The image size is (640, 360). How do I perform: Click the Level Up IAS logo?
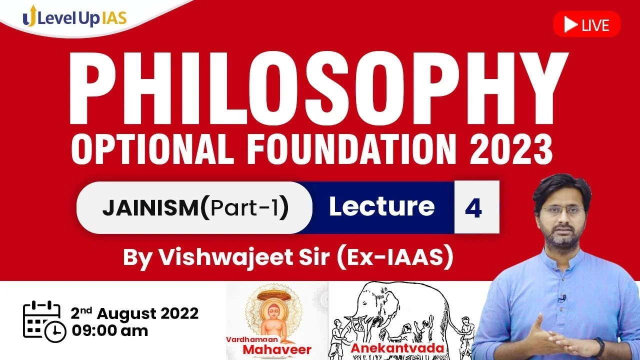click(x=74, y=17)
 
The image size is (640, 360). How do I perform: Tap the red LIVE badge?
click(x=587, y=24)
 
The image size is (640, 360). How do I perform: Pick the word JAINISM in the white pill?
click(x=150, y=207)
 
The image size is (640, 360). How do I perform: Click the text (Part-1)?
click(x=244, y=207)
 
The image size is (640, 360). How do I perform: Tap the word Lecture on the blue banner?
click(x=381, y=206)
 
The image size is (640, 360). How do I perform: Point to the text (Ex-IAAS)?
click(x=394, y=257)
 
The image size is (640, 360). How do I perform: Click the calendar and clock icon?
click(x=44, y=321)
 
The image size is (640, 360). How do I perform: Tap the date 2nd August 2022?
click(x=134, y=313)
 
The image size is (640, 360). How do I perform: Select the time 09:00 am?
click(x=109, y=331)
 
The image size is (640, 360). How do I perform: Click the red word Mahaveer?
click(x=277, y=349)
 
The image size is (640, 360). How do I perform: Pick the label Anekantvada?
click(x=397, y=348)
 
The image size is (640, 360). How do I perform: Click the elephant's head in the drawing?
click(x=374, y=303)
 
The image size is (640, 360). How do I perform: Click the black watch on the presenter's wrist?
click(x=599, y=346)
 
